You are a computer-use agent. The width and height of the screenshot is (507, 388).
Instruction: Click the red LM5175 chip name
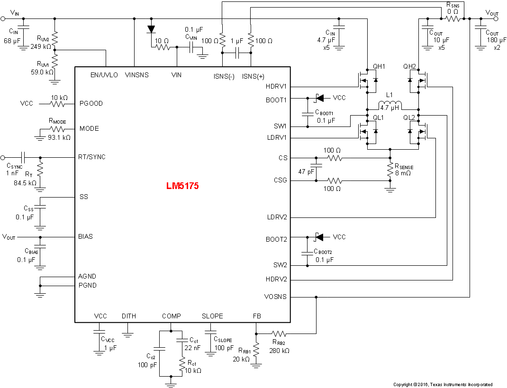182,186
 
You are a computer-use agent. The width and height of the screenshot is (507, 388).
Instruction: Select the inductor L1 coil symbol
389,104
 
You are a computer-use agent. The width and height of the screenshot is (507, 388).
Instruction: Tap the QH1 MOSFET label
379,67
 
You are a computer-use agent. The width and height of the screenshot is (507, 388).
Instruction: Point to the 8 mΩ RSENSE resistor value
403,173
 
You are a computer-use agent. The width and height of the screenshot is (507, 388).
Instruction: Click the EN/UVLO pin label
104,75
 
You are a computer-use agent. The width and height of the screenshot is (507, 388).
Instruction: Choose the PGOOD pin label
91,103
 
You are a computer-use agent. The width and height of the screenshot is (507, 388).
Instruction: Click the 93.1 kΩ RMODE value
59,137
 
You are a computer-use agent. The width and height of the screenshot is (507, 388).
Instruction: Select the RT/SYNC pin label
93,157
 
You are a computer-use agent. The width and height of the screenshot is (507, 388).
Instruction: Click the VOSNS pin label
275,297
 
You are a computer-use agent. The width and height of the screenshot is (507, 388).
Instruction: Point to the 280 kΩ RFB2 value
279,351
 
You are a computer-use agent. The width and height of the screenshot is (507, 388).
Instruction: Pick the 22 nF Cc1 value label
192,348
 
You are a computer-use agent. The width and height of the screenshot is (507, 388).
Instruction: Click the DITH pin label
128,316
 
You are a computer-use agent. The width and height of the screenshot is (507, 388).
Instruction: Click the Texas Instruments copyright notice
443,384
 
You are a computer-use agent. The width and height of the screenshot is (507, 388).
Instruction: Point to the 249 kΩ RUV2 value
41,46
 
